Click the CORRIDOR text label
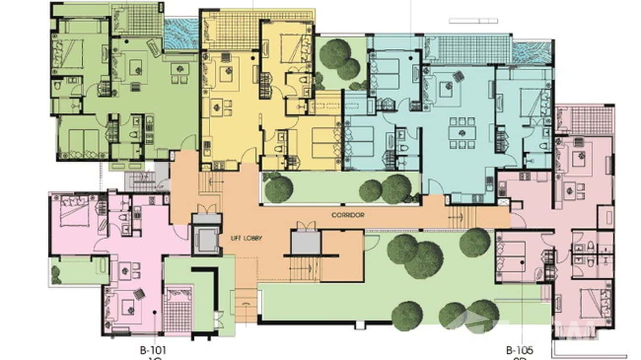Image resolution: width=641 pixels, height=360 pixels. point(348,215)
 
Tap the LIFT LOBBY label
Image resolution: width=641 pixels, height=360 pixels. point(246,238)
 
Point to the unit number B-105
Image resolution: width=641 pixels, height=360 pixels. point(519,349)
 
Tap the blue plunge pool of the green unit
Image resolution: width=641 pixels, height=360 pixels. point(181,33)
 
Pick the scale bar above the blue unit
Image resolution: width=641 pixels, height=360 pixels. point(473,21)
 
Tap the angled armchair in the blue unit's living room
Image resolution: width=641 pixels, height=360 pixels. point(458,75)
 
